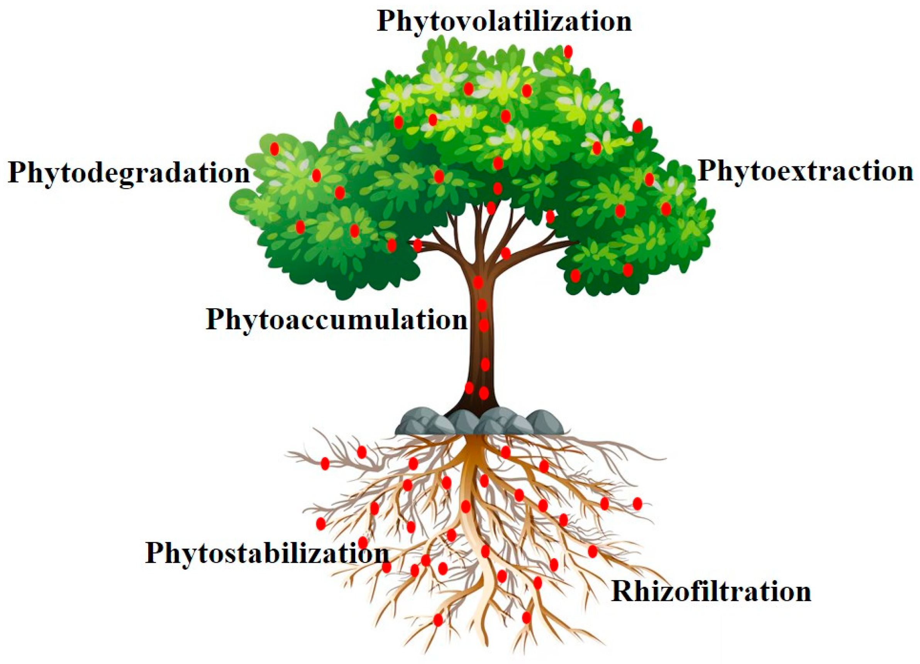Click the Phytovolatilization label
click(504, 22)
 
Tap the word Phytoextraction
click(805, 171)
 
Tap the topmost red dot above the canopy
click(568, 51)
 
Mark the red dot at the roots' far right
click(637, 504)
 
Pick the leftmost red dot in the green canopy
click(274, 149)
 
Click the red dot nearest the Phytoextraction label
click(649, 179)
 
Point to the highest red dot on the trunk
click(478, 282)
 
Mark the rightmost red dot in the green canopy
click(666, 209)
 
